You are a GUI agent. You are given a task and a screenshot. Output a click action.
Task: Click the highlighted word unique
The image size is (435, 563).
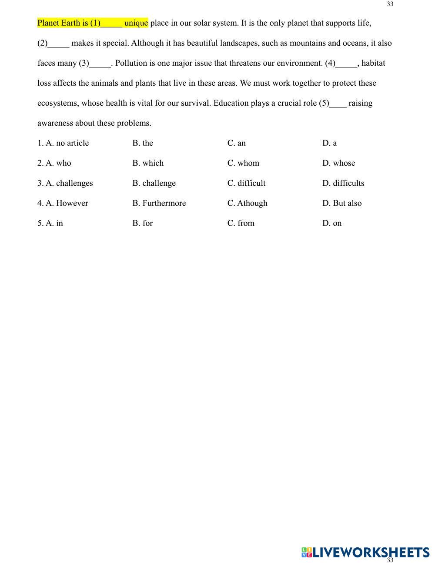pyautogui.click(x=136, y=23)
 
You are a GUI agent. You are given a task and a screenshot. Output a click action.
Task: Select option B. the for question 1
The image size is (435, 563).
pyautogui.click(x=143, y=143)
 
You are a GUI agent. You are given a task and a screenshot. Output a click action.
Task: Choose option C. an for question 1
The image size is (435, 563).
pyautogui.click(x=237, y=143)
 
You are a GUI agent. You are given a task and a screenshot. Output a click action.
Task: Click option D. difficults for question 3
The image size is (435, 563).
pyautogui.click(x=343, y=183)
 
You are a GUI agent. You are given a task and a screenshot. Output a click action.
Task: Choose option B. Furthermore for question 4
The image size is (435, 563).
pyautogui.click(x=159, y=203)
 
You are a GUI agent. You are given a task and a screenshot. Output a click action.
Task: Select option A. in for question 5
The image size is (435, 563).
pyautogui.click(x=54, y=223)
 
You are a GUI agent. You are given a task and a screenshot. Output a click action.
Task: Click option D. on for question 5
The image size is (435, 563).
pyautogui.click(x=332, y=223)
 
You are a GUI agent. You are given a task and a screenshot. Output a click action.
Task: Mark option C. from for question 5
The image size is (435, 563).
pyautogui.click(x=241, y=223)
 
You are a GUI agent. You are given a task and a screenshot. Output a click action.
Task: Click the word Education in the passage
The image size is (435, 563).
pyautogui.click(x=231, y=103)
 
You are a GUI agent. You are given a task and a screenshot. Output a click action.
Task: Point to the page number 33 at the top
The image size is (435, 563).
pyautogui.click(x=390, y=4)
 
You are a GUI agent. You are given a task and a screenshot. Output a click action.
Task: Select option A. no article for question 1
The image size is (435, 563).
pyautogui.click(x=67, y=143)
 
